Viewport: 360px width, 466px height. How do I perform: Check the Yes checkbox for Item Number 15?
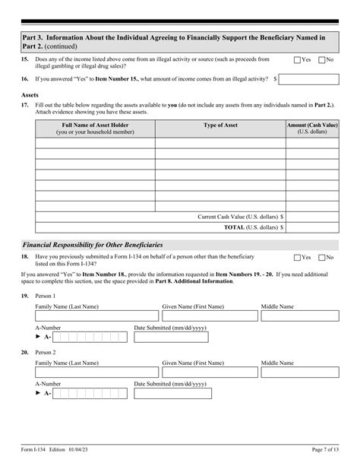(297, 59)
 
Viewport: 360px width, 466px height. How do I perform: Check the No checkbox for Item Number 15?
(321, 59)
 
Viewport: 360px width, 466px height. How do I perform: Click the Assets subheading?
(30, 95)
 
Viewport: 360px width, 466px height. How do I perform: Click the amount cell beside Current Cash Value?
(312, 217)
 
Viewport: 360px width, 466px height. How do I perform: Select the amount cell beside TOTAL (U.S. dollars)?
(312, 227)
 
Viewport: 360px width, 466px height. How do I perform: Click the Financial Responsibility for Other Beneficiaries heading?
(93, 245)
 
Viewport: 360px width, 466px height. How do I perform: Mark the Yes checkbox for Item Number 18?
(297, 258)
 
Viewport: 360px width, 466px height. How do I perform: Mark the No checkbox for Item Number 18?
(321, 258)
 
